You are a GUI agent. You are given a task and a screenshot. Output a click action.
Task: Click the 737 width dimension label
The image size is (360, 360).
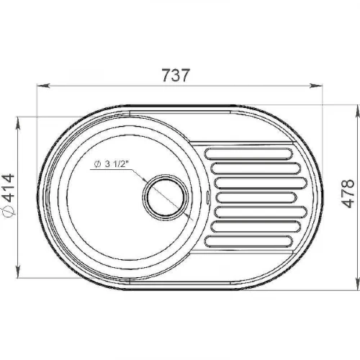(x=176, y=75)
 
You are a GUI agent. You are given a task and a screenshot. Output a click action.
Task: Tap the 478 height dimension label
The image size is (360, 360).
(x=348, y=194)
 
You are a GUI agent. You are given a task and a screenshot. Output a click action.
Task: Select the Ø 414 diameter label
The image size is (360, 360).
(x=9, y=194)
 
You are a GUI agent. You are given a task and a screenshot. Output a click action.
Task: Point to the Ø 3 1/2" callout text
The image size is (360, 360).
(x=111, y=164)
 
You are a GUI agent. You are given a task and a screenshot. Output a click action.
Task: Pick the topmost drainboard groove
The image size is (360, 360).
(x=248, y=154)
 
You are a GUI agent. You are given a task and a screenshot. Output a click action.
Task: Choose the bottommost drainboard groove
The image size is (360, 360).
(x=248, y=241)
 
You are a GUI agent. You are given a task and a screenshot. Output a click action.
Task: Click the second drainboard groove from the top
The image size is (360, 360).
(x=256, y=168)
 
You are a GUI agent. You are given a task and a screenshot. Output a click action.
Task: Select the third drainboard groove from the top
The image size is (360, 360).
(x=261, y=183)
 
